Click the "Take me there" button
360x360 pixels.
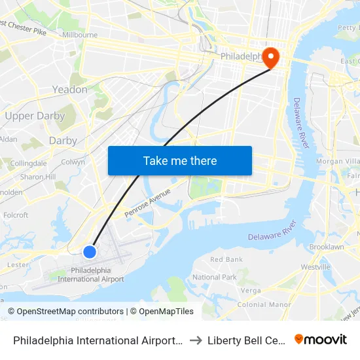[x=180, y=160]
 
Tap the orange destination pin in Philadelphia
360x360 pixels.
[x=270, y=58]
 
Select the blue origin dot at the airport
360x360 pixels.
[x=90, y=251]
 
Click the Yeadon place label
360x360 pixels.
[x=69, y=90]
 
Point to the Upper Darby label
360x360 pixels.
[x=35, y=116]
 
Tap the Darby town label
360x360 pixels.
[x=63, y=141]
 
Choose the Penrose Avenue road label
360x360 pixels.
[x=147, y=198]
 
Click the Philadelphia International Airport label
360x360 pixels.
[x=90, y=275]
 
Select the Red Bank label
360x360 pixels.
[x=226, y=259]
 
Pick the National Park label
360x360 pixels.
[x=215, y=277]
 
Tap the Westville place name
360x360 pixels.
[x=315, y=267]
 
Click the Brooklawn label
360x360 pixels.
[x=326, y=247]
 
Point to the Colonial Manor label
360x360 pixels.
[x=264, y=304]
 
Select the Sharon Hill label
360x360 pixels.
[x=37, y=177]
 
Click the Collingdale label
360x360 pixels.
[x=28, y=163]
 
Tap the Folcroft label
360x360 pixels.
[x=16, y=215]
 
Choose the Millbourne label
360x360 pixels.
[x=80, y=35]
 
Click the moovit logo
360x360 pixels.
[x=321, y=339]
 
